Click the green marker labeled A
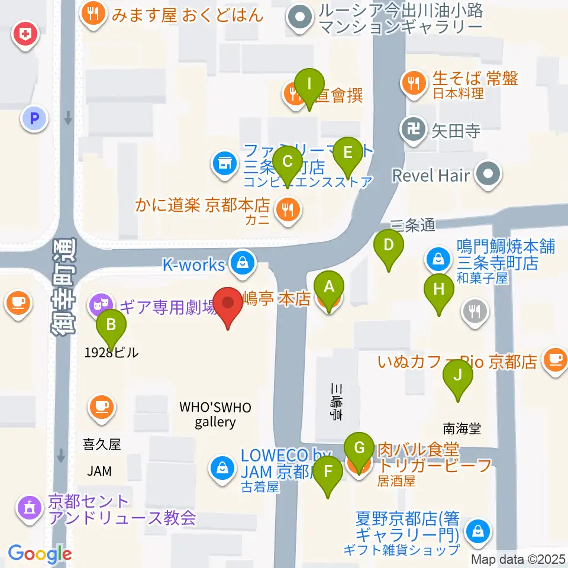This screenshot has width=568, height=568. pyautogui.click(x=330, y=287)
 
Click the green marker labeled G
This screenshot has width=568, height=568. pyautogui.click(x=359, y=448)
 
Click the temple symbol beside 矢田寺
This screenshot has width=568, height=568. pyautogui.click(x=411, y=128)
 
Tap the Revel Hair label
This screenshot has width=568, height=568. pyautogui.click(x=432, y=175)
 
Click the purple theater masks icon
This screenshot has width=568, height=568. pyautogui.click(x=98, y=305)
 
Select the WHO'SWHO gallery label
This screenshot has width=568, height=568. pyautogui.click(x=216, y=414)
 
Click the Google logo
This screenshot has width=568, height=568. pyautogui.click(x=40, y=554)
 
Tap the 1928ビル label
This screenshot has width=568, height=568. pyautogui.click(x=111, y=353)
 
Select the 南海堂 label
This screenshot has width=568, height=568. pyautogui.click(x=461, y=428)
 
